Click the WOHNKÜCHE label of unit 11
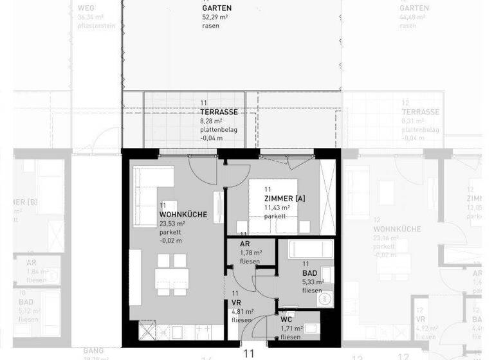(x=183, y=214)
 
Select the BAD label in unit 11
(x=309, y=273)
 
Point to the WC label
(x=287, y=319)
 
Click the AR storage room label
(x=245, y=244)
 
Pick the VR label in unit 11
(x=237, y=302)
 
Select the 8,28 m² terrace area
(x=211, y=120)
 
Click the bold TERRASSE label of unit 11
(x=219, y=112)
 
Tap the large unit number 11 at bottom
(x=249, y=353)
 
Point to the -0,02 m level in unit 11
(x=170, y=240)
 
